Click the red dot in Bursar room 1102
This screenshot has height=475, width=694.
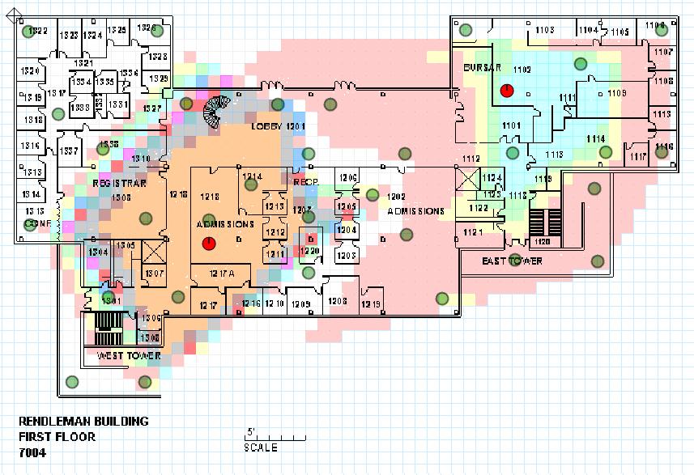pyautogui.click(x=507, y=90)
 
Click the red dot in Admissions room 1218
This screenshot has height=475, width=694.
pyautogui.click(x=208, y=242)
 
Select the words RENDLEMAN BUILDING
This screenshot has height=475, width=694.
pyautogui.click(x=83, y=422)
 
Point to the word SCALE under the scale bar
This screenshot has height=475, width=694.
pyautogui.click(x=261, y=447)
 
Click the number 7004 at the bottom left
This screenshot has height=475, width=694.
pyautogui.click(x=32, y=453)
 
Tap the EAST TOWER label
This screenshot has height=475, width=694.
pyautogui.click(x=512, y=261)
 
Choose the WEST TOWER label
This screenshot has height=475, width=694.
pyautogui.click(x=129, y=356)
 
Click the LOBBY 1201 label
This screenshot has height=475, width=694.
pyautogui.click(x=277, y=127)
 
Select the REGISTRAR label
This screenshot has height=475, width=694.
pyautogui.click(x=118, y=184)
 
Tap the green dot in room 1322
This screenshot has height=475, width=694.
pyautogui.click(x=31, y=32)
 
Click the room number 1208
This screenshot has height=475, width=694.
pyautogui.click(x=337, y=301)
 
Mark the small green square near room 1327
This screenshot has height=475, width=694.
pyautogui.click(x=168, y=94)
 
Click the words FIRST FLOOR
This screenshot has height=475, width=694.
pyautogui.click(x=57, y=437)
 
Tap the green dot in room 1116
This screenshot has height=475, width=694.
pyautogui.click(x=662, y=152)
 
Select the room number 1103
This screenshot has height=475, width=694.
pyautogui.click(x=544, y=30)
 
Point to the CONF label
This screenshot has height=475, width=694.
pyautogui.click(x=37, y=223)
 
